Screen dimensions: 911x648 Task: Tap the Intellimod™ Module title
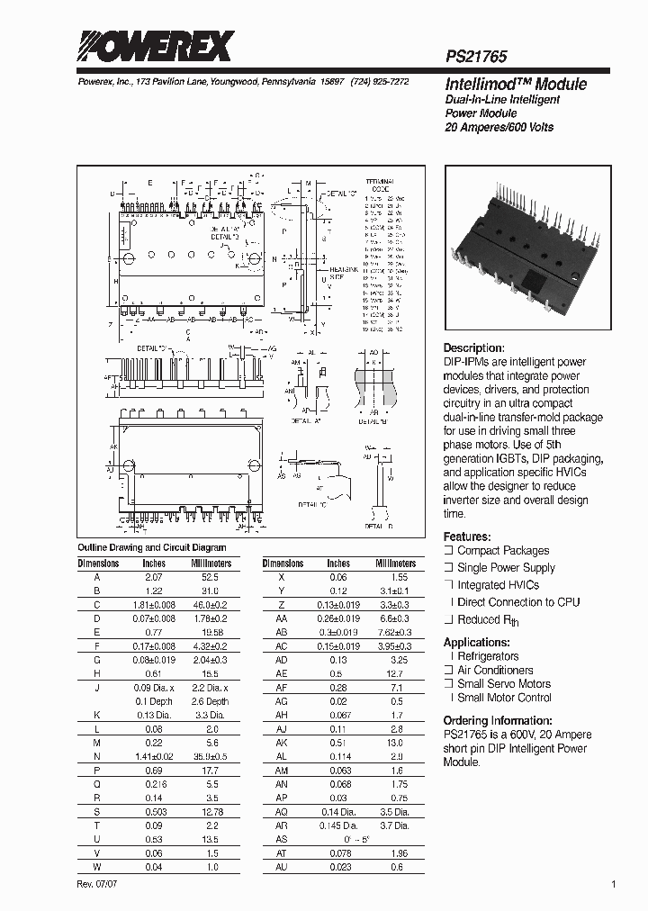[516, 84]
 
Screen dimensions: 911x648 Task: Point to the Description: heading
[474, 348]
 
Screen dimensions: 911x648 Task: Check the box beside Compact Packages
[448, 551]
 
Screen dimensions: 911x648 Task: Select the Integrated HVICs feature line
[498, 585]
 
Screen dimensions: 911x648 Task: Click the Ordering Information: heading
[498, 721]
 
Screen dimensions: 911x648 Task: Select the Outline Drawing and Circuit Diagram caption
[151, 547]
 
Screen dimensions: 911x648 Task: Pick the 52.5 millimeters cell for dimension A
[211, 576]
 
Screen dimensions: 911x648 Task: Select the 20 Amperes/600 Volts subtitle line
[499, 128]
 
